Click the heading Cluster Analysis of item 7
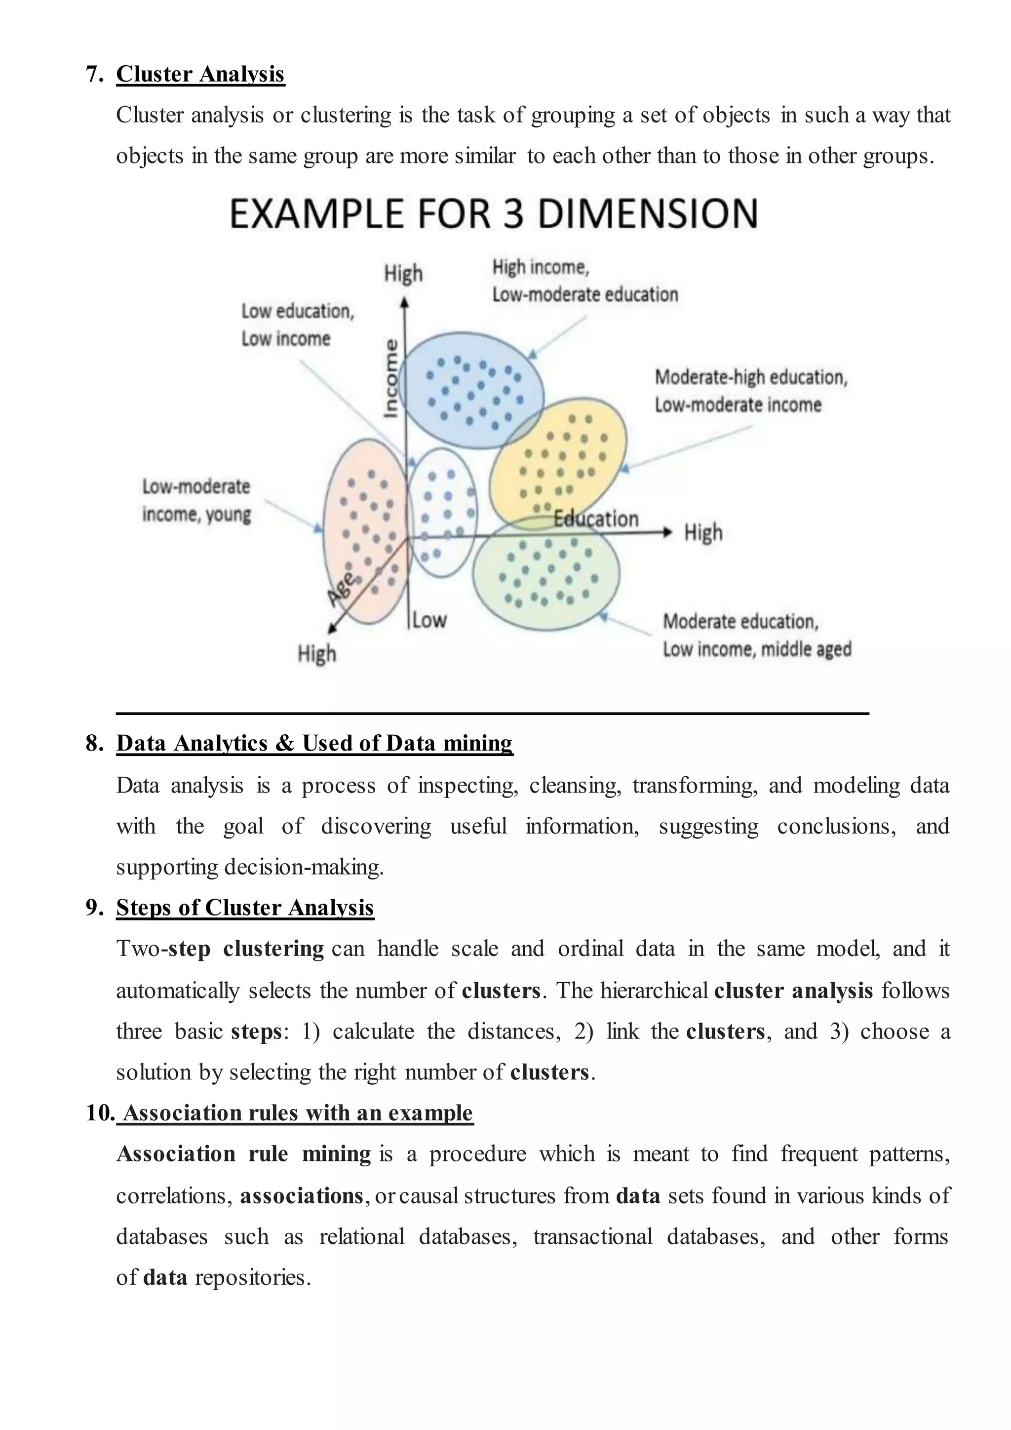tap(200, 74)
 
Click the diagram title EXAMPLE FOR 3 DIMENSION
tap(494, 214)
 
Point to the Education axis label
tap(596, 519)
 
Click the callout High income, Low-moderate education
tap(584, 281)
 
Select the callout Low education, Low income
tap(298, 324)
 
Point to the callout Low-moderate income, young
tap(197, 500)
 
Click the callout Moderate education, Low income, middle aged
tap(756, 636)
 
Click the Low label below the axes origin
tap(429, 620)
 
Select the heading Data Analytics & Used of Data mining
tap(314, 743)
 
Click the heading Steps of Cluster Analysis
tap(245, 908)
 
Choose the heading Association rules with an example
tap(298, 1112)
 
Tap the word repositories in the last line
tap(252, 1277)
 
